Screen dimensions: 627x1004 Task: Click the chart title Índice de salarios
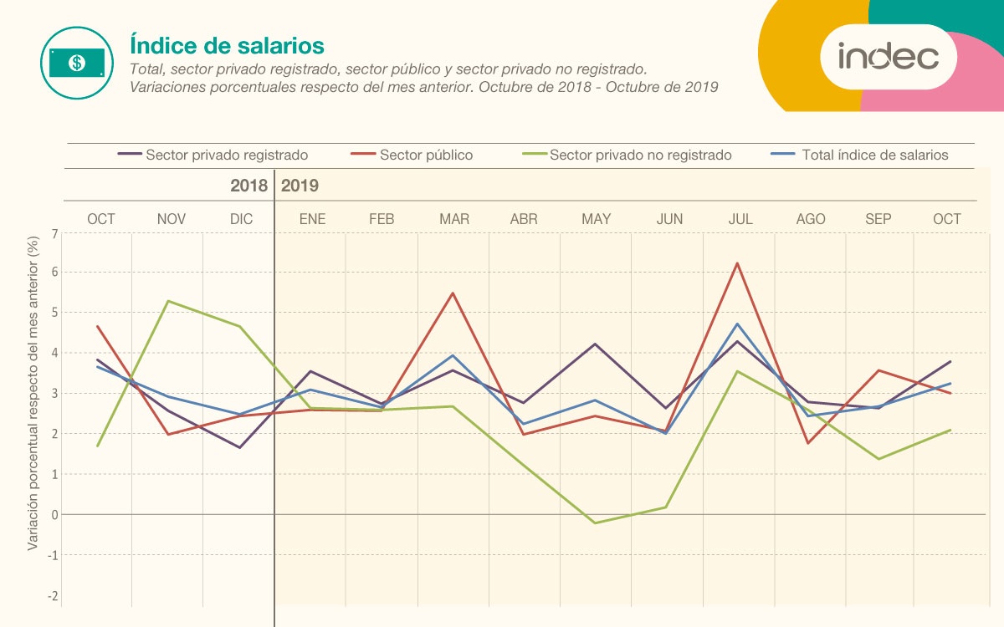(x=227, y=45)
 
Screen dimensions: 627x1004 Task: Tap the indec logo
(x=888, y=57)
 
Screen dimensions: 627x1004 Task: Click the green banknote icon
(x=76, y=63)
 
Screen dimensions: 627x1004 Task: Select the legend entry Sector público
(x=426, y=155)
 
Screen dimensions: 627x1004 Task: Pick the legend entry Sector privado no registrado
(x=640, y=155)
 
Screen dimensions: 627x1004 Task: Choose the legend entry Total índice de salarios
(x=874, y=155)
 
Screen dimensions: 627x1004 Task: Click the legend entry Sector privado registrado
(x=226, y=155)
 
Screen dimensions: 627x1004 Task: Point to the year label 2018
(x=249, y=186)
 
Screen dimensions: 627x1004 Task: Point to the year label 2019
(x=300, y=186)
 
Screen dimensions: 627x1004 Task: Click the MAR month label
(x=454, y=219)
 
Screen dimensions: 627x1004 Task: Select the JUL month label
(x=740, y=219)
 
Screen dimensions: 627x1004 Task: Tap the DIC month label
(x=242, y=219)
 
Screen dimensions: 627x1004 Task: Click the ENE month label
(x=312, y=219)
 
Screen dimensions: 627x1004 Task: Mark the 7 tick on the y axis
(x=55, y=234)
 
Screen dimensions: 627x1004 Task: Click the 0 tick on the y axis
(x=55, y=515)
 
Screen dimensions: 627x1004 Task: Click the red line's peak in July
(x=737, y=263)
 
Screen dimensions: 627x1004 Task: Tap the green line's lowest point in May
(x=594, y=523)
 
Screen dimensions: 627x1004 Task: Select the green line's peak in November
(x=169, y=301)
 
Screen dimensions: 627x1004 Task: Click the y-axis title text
(x=33, y=392)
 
